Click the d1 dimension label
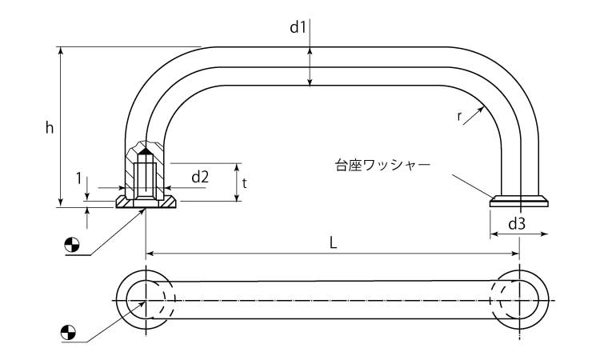click(x=298, y=27)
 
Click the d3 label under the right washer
click(x=516, y=224)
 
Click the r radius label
click(x=460, y=116)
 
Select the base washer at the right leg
click(x=520, y=201)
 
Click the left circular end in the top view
click(x=145, y=299)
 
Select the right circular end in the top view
click(x=521, y=299)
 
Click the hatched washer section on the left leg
click(x=145, y=202)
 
